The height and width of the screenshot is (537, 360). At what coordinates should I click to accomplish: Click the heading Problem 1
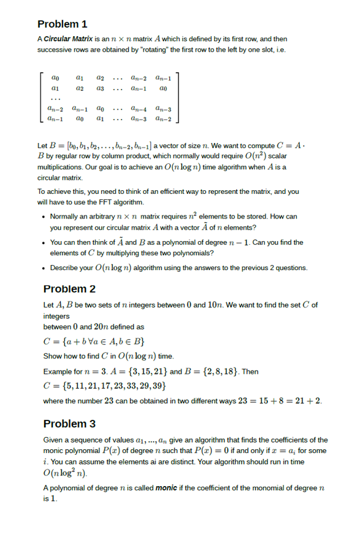(62, 24)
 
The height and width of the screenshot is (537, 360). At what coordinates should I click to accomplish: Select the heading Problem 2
(69, 289)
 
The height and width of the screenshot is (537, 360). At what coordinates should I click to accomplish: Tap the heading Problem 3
(69, 423)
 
